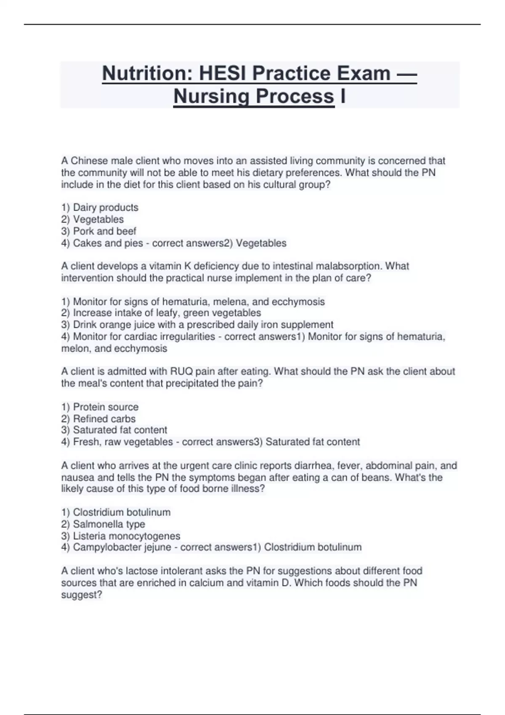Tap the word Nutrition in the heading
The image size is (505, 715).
click(x=147, y=73)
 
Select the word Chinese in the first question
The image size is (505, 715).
click(x=89, y=161)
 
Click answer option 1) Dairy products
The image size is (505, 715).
click(x=100, y=207)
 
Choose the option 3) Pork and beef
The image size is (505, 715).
click(x=99, y=231)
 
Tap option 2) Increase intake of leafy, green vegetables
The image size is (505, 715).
click(x=161, y=313)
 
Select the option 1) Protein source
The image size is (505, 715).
click(x=100, y=407)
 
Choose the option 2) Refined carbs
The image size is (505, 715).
click(x=98, y=418)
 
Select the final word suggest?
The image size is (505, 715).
click(x=82, y=595)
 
